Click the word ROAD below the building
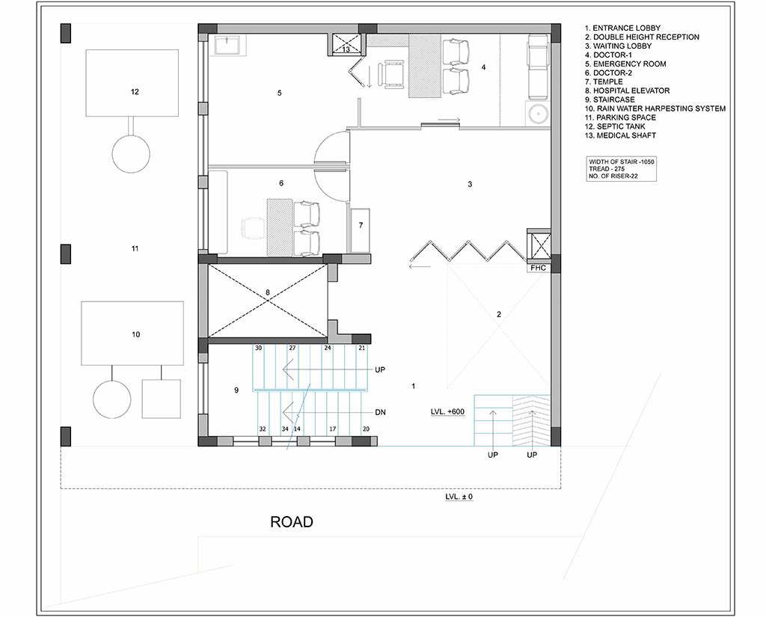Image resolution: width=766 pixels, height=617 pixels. [x=292, y=522]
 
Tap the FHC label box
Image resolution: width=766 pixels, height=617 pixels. [x=538, y=268]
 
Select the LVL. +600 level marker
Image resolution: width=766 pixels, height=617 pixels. [x=447, y=411]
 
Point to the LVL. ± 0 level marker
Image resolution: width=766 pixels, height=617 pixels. [x=459, y=497]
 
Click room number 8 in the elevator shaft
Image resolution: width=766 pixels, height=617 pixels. [x=267, y=292]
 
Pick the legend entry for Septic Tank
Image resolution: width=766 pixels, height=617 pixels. [x=615, y=126]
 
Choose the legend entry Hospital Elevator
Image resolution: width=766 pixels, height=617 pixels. [x=628, y=90]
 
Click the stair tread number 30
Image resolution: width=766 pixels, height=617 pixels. [x=258, y=348]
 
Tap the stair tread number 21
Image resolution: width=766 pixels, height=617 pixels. [x=361, y=348]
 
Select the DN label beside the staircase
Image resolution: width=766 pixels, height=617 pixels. [x=380, y=412]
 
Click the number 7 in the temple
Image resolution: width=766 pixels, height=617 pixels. [x=361, y=225]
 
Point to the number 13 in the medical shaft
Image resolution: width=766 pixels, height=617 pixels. [x=346, y=49]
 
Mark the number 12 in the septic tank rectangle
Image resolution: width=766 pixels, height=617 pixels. [x=135, y=91]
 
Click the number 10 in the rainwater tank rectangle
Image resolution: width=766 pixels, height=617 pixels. [x=136, y=334]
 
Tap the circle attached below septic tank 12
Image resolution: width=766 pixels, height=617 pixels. [x=131, y=153]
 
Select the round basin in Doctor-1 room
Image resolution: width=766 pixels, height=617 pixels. [x=537, y=114]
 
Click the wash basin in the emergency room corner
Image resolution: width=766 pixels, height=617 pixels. [x=227, y=45]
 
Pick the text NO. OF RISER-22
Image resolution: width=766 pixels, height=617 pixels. [x=613, y=176]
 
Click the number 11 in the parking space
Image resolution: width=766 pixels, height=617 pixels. [x=135, y=248]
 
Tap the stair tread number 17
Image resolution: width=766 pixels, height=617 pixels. [x=332, y=429]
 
